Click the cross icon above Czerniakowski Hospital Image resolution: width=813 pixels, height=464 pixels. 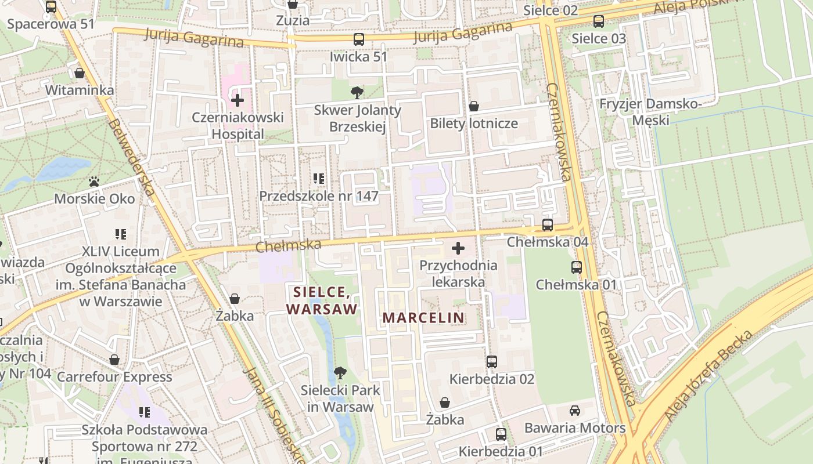[237, 100]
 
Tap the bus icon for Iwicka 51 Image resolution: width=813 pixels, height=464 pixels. [359, 39]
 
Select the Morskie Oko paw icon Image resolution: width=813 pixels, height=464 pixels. [94, 182]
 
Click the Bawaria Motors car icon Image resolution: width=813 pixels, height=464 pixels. [574, 411]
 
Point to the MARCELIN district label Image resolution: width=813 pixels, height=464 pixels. [424, 318]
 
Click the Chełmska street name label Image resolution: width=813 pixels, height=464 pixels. [288, 246]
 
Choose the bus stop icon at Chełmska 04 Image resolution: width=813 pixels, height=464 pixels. [547, 225]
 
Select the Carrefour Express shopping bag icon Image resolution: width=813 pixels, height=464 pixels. [114, 360]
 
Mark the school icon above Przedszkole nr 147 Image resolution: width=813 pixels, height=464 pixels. [318, 179]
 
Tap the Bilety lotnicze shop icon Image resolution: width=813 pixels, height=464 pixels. [473, 106]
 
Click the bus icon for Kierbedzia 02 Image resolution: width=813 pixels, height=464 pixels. [491, 362]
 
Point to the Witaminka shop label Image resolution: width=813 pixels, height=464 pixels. [80, 90]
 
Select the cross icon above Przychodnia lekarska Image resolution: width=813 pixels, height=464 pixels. [458, 249]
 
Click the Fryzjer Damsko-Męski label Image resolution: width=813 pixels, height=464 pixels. [650, 112]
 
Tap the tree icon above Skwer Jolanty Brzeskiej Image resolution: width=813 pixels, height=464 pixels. [357, 92]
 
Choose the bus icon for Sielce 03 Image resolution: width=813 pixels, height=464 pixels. [598, 21]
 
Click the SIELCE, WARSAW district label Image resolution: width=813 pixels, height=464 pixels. [322, 300]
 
